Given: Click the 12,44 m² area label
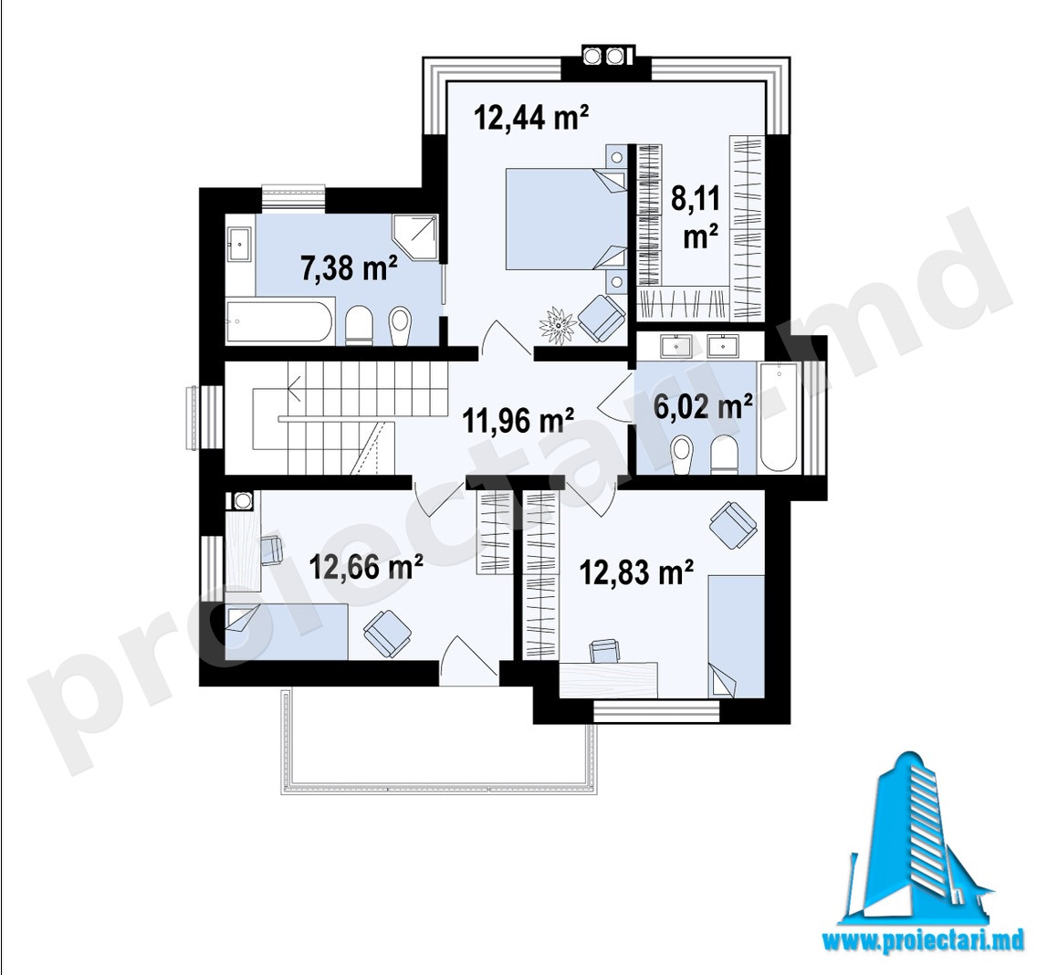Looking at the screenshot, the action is pyautogui.click(x=531, y=118).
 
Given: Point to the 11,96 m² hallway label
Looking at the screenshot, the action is pyautogui.click(x=518, y=420).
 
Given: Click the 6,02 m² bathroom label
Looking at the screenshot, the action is pyautogui.click(x=703, y=406).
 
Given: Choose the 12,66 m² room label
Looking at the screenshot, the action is pyautogui.click(x=366, y=567).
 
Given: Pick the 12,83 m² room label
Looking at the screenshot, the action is pyautogui.click(x=636, y=571).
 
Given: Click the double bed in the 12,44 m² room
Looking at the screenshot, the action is pyautogui.click(x=566, y=218).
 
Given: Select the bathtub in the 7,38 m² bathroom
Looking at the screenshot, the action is pyautogui.click(x=279, y=322).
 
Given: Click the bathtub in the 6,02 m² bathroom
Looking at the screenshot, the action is pyautogui.click(x=778, y=416).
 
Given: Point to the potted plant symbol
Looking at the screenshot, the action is pyautogui.click(x=559, y=324).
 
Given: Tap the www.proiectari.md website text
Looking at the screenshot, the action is pyautogui.click(x=922, y=941).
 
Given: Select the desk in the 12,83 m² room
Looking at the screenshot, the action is pyautogui.click(x=608, y=679).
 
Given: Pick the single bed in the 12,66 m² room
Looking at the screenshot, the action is pyautogui.click(x=287, y=631).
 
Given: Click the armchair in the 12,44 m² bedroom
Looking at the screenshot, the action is pyautogui.click(x=601, y=316).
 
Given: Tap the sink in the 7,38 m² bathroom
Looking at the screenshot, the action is pyautogui.click(x=238, y=245).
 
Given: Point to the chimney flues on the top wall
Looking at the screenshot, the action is pyautogui.click(x=604, y=56).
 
